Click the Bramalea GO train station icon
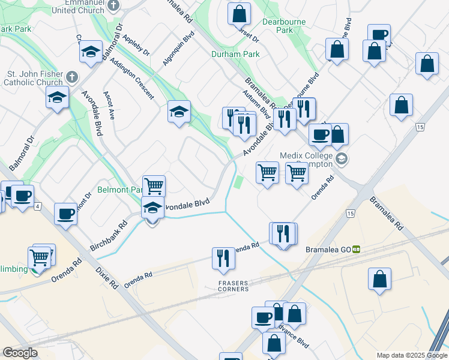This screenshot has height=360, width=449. (x=357, y=249)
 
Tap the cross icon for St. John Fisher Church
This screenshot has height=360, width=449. (x=71, y=77)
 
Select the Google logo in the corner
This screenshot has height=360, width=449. (x=20, y=352)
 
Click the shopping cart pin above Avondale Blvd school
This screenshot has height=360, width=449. (x=154, y=186)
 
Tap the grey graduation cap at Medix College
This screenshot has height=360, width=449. (x=342, y=158)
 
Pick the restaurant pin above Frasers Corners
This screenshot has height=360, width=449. (x=223, y=258)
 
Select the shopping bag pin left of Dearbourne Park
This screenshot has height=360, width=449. (x=239, y=14)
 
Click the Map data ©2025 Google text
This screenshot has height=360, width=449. (x=412, y=355)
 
